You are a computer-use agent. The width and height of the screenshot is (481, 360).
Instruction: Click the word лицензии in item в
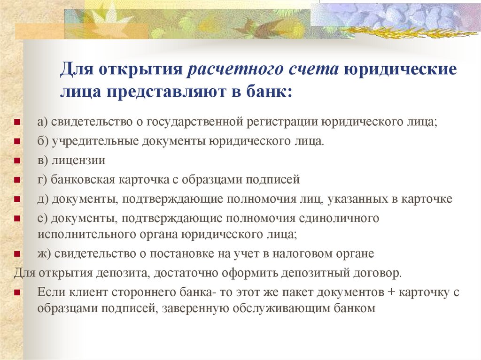pos(78,160)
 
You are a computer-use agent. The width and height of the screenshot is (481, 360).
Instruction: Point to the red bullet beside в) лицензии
pos(17,161)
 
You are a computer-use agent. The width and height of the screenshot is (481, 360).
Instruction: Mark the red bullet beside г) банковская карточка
pos(17,180)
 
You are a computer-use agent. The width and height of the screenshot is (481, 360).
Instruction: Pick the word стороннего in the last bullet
pos(145,292)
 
